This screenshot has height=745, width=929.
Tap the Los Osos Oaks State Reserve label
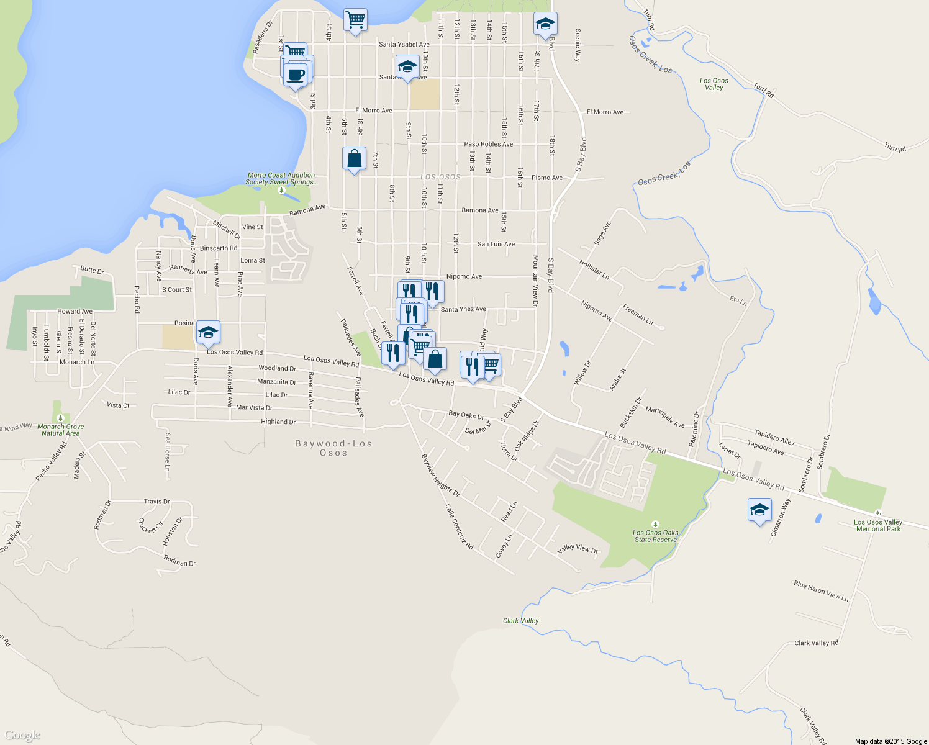coord(656,536)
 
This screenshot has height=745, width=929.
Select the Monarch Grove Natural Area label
coord(60,430)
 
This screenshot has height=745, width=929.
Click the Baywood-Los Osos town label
coord(333,448)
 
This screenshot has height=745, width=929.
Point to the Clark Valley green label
coord(520,621)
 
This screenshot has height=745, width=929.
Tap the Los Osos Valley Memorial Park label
coord(878,525)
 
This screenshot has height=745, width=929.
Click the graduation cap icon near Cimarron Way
coord(759,511)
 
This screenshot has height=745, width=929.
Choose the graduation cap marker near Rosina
coord(208,333)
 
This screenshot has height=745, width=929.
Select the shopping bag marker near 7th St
coord(354,160)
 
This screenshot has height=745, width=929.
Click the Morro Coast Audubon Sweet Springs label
coord(281,179)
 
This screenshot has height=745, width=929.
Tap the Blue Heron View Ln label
coord(821,591)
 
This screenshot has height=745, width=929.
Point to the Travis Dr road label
coord(156,502)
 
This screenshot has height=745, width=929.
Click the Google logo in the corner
coord(22,736)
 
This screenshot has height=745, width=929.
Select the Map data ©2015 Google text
coord(890,741)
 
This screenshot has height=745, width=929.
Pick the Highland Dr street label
coord(278,422)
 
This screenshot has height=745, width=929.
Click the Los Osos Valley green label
coord(714,84)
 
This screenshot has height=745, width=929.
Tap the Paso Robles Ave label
coord(489,144)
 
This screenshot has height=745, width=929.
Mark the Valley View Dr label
coord(578,549)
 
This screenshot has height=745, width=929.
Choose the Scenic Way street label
coord(578,45)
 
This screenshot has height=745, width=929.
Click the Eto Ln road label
coord(738,300)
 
